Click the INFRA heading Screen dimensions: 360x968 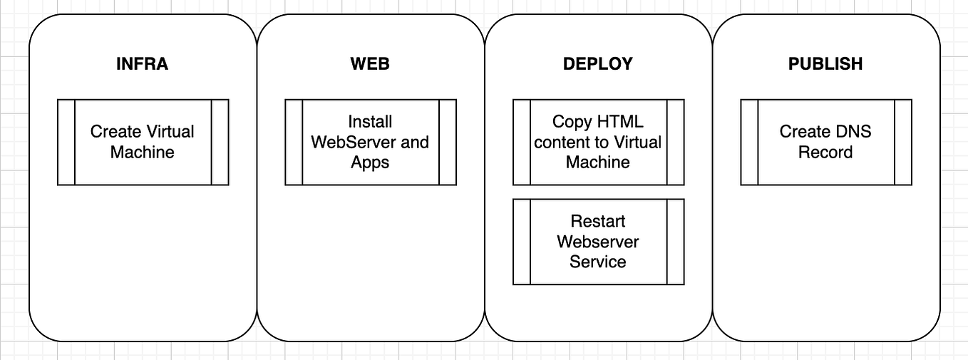pyautogui.click(x=142, y=64)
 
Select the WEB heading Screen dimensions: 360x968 pyautogui.click(x=370, y=64)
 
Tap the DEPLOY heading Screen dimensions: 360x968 pyautogui.click(x=597, y=64)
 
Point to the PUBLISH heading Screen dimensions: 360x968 pyautogui.click(x=825, y=64)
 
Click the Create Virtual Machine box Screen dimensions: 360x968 pyautogui.click(x=143, y=142)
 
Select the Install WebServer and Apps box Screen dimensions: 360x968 pyautogui.click(x=370, y=142)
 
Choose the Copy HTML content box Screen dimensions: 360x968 pyautogui.click(x=598, y=142)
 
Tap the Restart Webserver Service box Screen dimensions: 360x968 pyautogui.click(x=598, y=242)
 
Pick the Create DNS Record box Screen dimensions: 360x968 pyautogui.click(x=825, y=142)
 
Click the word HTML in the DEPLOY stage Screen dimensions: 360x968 pyautogui.click(x=620, y=122)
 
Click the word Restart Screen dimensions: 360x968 pyautogui.click(x=598, y=221)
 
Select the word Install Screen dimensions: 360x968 pyautogui.click(x=370, y=122)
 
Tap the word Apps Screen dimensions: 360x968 pyautogui.click(x=370, y=163)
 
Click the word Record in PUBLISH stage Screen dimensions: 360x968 pyautogui.click(x=825, y=153)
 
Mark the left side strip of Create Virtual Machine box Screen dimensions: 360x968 pyautogui.click(x=66, y=142)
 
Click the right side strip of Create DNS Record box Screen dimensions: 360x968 pyautogui.click(x=903, y=142)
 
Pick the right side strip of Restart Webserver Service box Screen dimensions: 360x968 pyautogui.click(x=675, y=242)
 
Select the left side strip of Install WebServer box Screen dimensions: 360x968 pyautogui.click(x=294, y=142)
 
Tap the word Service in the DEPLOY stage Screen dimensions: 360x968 pyautogui.click(x=598, y=262)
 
